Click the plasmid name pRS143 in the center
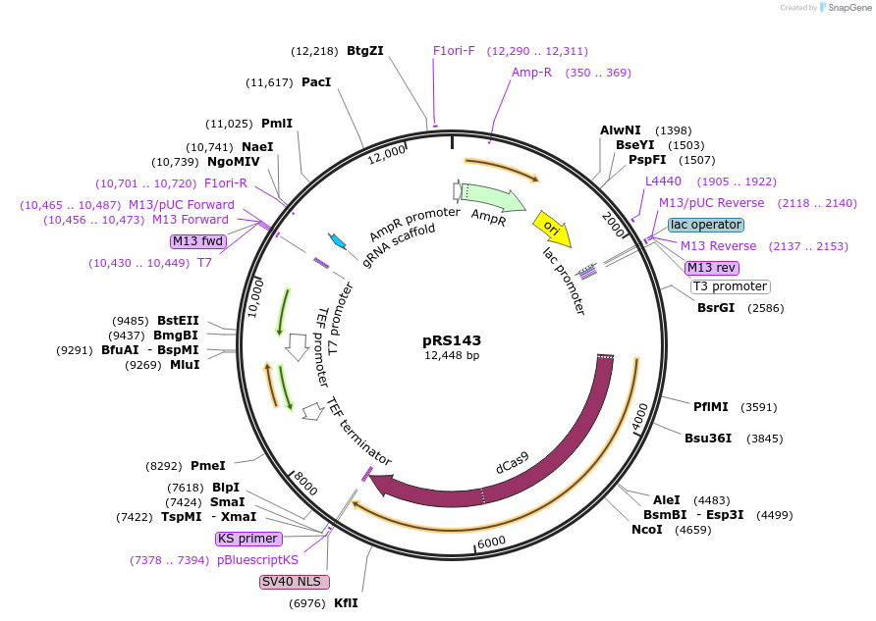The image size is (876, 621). (x=452, y=340)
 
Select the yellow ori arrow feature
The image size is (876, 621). (x=551, y=228)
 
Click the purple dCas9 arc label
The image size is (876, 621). (x=512, y=462)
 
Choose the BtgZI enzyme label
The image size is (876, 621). (x=364, y=51)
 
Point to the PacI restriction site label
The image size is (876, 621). (x=316, y=82)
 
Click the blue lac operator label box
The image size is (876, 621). (x=705, y=225)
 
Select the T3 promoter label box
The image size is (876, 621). (x=730, y=286)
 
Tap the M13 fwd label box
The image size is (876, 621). (x=198, y=241)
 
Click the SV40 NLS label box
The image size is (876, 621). (x=295, y=582)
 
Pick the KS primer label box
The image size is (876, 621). (x=248, y=539)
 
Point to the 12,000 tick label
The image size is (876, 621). (x=387, y=153)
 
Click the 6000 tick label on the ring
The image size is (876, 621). (x=490, y=541)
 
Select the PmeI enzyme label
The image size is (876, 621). (x=208, y=466)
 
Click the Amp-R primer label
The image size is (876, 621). (x=531, y=73)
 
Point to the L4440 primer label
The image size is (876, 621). (x=663, y=181)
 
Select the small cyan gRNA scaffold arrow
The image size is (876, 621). (x=337, y=241)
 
